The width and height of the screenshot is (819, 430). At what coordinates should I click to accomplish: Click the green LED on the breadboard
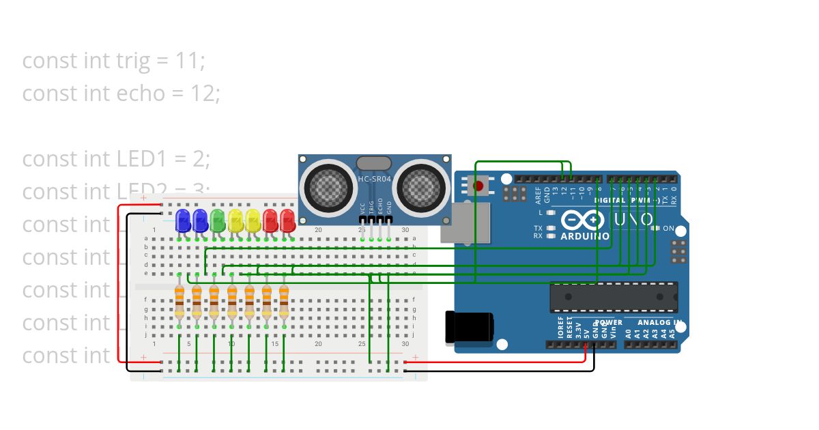click(218, 220)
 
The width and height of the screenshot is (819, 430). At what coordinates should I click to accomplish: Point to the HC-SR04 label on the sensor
click(374, 179)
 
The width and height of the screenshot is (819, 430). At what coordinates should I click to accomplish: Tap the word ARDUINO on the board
click(585, 236)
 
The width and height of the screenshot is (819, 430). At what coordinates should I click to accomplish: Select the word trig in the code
click(133, 61)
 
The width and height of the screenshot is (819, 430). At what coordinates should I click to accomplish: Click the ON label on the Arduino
click(668, 228)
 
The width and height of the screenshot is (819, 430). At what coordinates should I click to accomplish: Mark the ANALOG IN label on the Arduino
click(659, 322)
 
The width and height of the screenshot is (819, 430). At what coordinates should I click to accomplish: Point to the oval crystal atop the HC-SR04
click(374, 164)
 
